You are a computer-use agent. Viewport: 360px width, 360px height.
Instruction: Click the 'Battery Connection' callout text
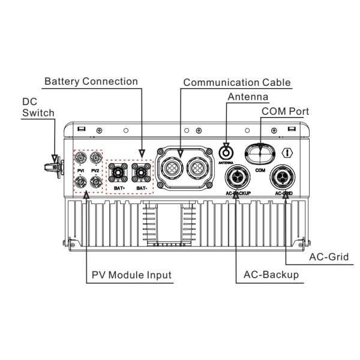(91, 81)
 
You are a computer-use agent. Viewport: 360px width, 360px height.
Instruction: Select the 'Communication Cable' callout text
(237, 82)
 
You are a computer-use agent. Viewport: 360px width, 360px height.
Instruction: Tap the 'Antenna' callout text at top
(248, 97)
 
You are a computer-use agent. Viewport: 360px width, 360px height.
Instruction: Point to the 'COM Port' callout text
(285, 112)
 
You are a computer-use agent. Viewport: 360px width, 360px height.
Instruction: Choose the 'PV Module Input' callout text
(131, 275)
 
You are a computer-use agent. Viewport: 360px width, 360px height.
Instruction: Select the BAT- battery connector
(142, 174)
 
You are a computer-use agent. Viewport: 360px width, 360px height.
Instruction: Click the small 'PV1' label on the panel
(79, 171)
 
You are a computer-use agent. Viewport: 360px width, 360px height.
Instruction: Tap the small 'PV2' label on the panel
(95, 171)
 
